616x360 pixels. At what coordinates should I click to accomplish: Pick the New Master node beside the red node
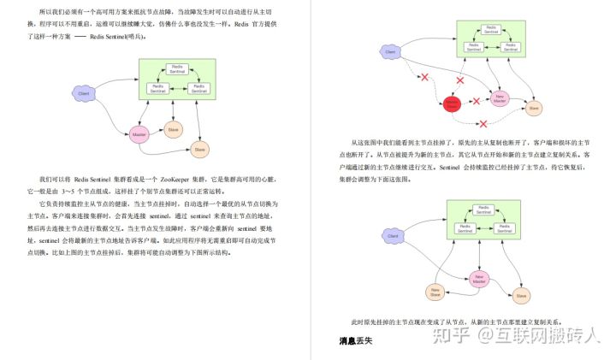(499, 99)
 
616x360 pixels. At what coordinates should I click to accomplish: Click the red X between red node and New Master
(477, 102)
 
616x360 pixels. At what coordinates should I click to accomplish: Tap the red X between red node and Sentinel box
(459, 80)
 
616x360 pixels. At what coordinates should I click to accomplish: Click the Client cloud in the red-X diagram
(390, 52)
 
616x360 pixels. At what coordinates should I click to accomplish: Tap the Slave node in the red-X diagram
(534, 108)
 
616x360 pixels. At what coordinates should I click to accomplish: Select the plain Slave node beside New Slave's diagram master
(520, 296)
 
